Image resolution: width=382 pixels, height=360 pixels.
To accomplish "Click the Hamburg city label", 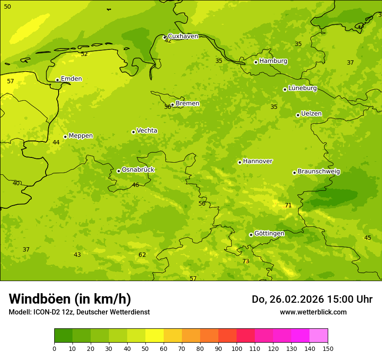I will [273, 61].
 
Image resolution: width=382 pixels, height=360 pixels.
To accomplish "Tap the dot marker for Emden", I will [57, 80].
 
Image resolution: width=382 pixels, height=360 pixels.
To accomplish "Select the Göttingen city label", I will [269, 233].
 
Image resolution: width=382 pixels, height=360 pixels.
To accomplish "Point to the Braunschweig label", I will [319, 171].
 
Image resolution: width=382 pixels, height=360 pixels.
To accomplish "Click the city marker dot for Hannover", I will [240, 162].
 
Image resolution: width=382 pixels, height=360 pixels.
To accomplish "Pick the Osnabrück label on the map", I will [138, 170].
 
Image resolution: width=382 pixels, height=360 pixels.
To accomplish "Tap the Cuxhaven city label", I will [183, 36].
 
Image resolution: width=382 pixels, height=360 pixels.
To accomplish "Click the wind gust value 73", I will [246, 261].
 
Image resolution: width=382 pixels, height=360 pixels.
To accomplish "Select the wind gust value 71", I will [288, 205].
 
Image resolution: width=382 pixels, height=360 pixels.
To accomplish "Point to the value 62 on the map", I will [142, 255].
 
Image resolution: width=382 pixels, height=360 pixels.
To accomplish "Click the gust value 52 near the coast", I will [84, 54].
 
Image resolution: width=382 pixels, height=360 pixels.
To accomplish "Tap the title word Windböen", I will [40, 299].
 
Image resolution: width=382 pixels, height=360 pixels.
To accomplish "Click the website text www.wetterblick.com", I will [313, 312].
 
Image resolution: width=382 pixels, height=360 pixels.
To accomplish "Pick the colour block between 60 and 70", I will [173, 336].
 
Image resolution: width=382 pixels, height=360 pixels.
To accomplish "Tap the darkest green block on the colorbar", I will [63, 336].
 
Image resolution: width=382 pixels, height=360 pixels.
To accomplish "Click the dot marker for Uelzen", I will [298, 115].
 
